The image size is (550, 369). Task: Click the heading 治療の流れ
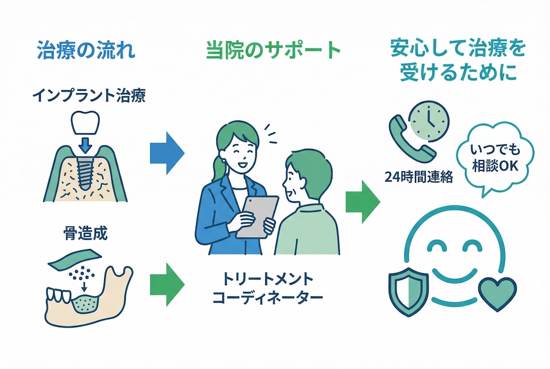pos(86,49)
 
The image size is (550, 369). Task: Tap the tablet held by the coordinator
pos(257,215)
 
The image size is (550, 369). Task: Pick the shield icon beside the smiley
pos(406,291)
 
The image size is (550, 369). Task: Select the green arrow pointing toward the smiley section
pos(361,201)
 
